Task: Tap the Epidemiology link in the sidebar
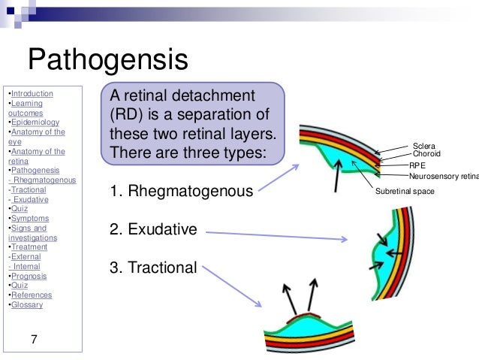tap(35, 123)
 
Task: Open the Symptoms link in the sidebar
tap(29, 219)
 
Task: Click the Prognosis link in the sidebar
tap(29, 276)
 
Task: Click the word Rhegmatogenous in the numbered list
tap(190, 192)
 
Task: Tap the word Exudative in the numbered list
tap(162, 229)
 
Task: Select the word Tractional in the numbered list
tap(163, 268)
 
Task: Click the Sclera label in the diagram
tap(423, 146)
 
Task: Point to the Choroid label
tap(426, 154)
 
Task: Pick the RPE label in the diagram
tap(417, 165)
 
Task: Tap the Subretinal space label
tap(405, 192)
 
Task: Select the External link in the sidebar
tap(29, 257)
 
